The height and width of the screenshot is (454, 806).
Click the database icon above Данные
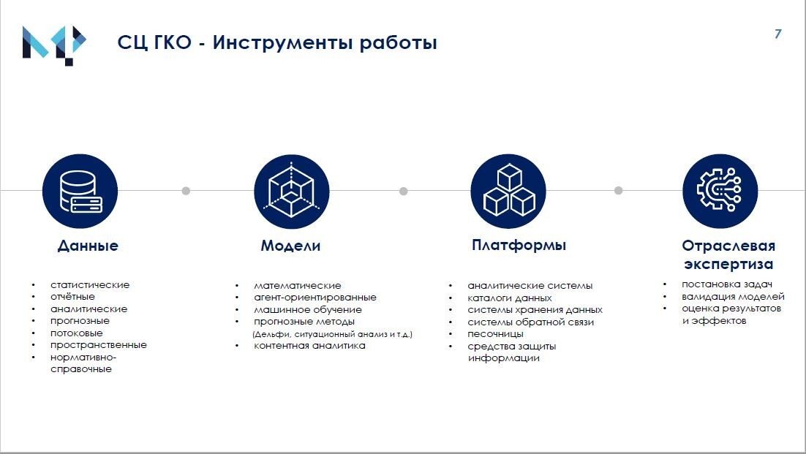[x=80, y=191]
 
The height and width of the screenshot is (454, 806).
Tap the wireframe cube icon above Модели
[x=291, y=191]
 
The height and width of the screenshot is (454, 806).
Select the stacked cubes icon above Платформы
[x=508, y=191]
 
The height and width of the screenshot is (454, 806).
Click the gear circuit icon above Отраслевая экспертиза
[x=720, y=191]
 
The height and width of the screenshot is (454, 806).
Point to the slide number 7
[x=778, y=34]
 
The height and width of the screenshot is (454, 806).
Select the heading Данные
[x=88, y=246]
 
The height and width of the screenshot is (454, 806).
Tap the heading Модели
[x=290, y=246]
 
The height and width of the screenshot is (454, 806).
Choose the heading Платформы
[x=519, y=245]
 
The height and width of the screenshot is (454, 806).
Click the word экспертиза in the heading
[x=728, y=265]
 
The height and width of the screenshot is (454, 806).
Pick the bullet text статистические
[x=90, y=285]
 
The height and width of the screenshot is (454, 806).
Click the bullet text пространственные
[x=99, y=345]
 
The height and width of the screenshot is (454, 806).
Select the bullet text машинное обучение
[x=308, y=310]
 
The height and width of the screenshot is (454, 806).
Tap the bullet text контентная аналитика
[x=309, y=346]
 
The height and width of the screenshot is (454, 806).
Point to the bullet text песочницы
[x=496, y=334]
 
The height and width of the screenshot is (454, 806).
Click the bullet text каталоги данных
[x=510, y=298]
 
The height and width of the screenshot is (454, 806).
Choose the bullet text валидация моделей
[x=733, y=296]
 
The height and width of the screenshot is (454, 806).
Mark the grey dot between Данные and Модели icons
[x=186, y=191]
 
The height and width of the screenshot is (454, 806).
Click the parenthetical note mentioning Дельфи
[x=333, y=334]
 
